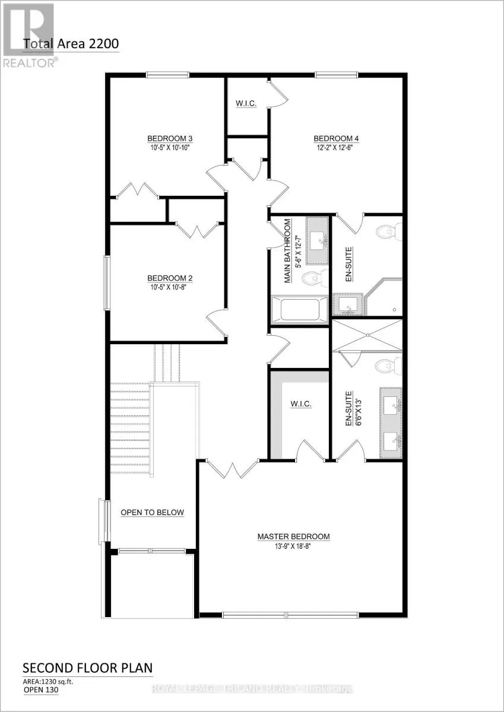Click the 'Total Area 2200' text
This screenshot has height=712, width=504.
pos(71,43)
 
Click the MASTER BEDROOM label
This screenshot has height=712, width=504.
pos(293,536)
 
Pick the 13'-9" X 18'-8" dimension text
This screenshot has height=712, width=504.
pos(293,546)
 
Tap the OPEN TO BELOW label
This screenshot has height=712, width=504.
pos(152,513)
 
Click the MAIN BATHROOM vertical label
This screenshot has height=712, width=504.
pos(288,251)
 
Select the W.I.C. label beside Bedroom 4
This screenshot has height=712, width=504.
pos(246,104)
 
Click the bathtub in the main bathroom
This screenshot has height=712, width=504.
pos(299,309)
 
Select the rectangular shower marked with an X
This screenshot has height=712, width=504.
pos(366,335)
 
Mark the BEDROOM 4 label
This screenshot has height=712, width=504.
pos(337,139)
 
